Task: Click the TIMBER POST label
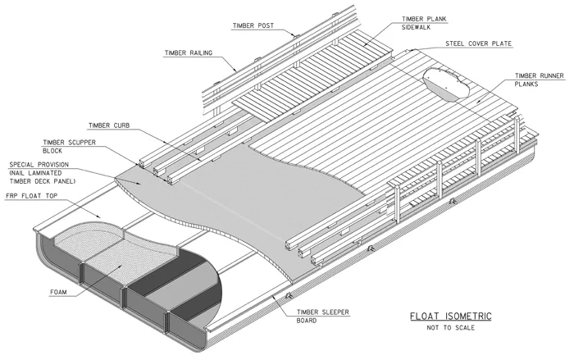253,25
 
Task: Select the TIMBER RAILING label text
188,53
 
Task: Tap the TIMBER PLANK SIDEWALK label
424,23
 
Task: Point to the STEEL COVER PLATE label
478,43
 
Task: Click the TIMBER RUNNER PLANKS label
540,80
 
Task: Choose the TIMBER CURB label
109,125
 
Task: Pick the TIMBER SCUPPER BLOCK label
69,147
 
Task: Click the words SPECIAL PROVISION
39,165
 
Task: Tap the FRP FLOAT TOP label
31,196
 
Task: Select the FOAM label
58,292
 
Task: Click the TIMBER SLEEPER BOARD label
322,317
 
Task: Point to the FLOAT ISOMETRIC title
451,316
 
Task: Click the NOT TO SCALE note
451,328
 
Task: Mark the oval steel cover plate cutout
446,84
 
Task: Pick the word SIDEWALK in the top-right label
416,27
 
